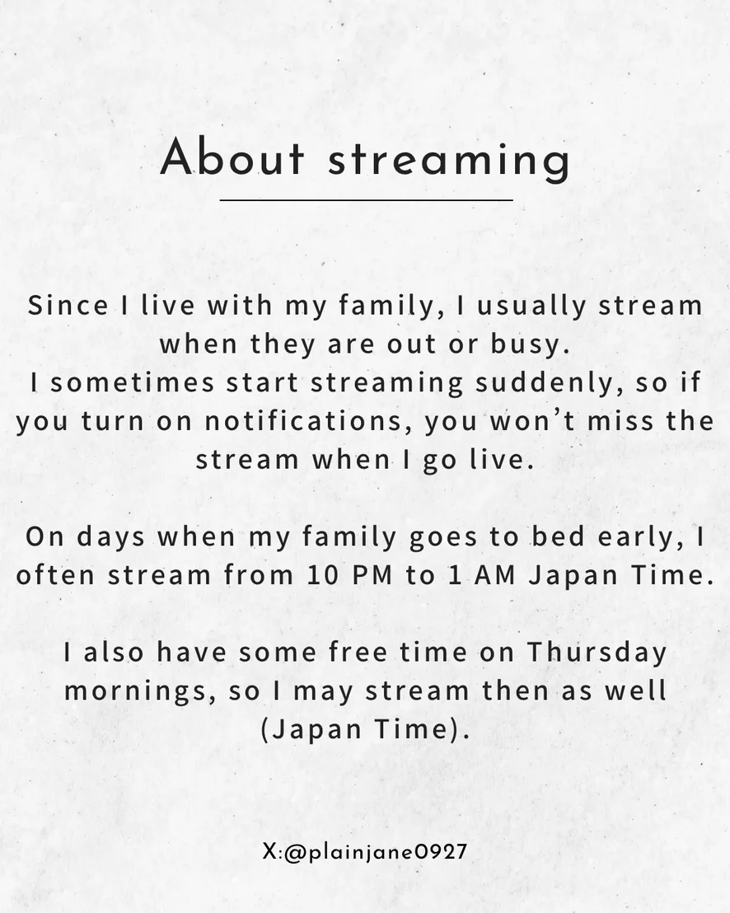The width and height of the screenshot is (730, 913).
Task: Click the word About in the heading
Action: [232, 157]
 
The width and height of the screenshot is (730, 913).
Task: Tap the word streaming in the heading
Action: [449, 162]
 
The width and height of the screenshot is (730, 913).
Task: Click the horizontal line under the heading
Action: [366, 199]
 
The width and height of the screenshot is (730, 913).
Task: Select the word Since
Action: [68, 305]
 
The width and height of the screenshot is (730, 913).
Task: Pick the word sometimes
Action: [133, 382]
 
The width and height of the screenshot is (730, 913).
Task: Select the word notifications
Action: [303, 421]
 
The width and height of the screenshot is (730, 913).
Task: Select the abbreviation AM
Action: [495, 575]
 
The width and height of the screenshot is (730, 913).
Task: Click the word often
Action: [55, 574]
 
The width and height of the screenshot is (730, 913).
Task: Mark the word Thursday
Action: [597, 653]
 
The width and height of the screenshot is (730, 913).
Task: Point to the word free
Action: [358, 652]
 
